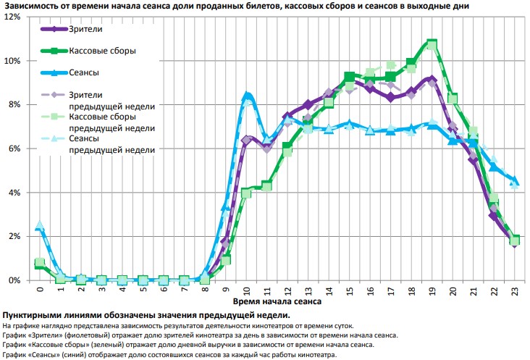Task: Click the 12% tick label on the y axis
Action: pos(12,17)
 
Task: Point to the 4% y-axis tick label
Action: pos(14,193)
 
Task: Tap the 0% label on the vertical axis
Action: pos(14,280)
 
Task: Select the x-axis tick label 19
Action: pos(432,291)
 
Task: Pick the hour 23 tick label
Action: pos(514,291)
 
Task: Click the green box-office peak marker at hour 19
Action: pos(432,44)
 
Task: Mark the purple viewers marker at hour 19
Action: pos(432,79)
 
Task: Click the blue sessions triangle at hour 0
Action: pos(41,226)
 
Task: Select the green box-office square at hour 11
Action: pos(267,186)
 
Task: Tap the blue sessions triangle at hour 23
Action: pos(514,181)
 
